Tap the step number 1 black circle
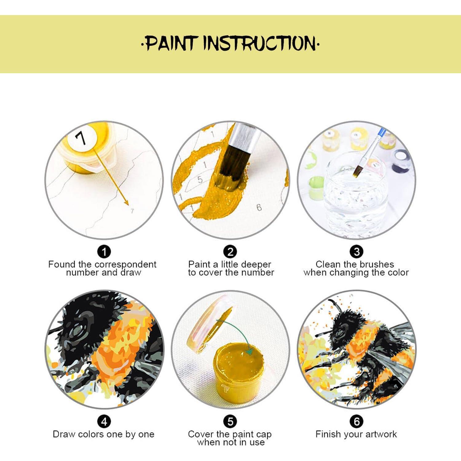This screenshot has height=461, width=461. (104, 252)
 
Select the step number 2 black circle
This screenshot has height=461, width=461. (230, 252)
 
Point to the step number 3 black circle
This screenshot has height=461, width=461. (357, 252)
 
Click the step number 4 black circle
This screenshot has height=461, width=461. (104, 421)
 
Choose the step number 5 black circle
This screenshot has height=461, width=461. (230, 421)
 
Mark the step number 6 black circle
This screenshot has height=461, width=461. (357, 421)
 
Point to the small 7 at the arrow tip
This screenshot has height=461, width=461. (132, 211)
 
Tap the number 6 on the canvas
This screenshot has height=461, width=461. (259, 208)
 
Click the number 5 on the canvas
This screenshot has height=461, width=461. (200, 179)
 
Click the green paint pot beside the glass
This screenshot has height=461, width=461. (316, 187)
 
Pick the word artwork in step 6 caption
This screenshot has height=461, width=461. (381, 434)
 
